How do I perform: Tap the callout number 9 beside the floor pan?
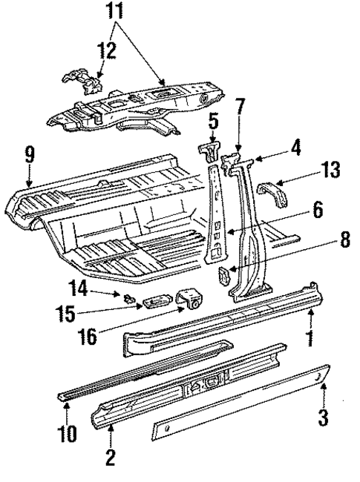point(29,156)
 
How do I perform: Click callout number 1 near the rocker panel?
point(311,342)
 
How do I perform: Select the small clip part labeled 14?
point(128,300)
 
